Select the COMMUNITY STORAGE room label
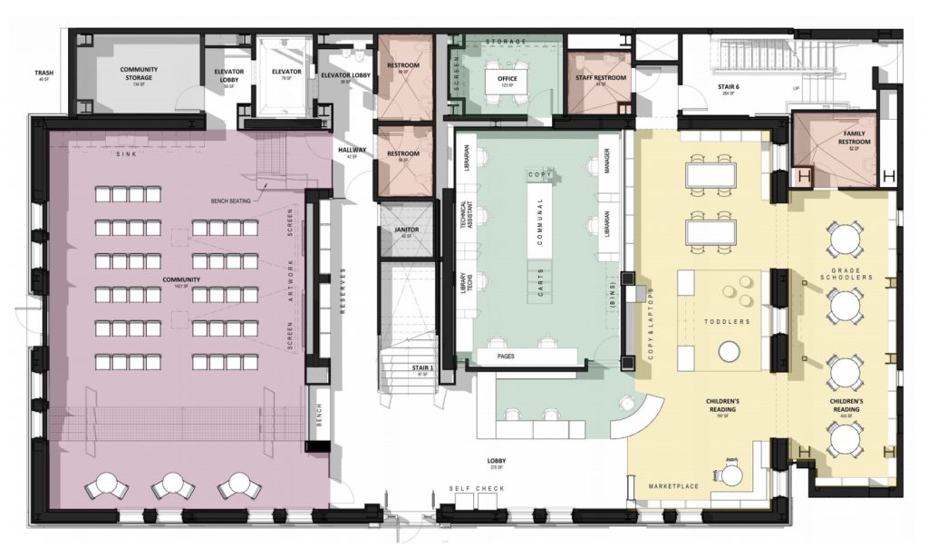pyautogui.click(x=139, y=73)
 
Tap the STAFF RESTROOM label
pyautogui.click(x=601, y=79)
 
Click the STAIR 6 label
pyautogui.click(x=704, y=87)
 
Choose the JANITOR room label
pyautogui.click(x=406, y=230)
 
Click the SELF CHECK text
pyautogui.click(x=477, y=490)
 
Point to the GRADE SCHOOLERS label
pyautogui.click(x=845, y=273)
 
